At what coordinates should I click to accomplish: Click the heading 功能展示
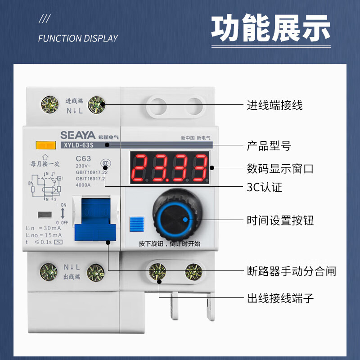point(270,29)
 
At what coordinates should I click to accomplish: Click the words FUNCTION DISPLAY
point(78,38)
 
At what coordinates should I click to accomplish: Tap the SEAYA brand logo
point(76,135)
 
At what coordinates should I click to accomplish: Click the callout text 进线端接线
point(274,105)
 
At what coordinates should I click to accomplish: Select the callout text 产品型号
point(269,145)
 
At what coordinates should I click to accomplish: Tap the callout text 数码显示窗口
point(280,169)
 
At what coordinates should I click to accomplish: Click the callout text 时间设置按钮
point(280,220)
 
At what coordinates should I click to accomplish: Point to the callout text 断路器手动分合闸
point(291,271)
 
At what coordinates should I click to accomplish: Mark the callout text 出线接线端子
point(280,298)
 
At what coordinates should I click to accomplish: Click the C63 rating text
point(83,158)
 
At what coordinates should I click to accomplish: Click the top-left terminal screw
point(50,104)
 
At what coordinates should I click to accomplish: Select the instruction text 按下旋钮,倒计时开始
point(169,244)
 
